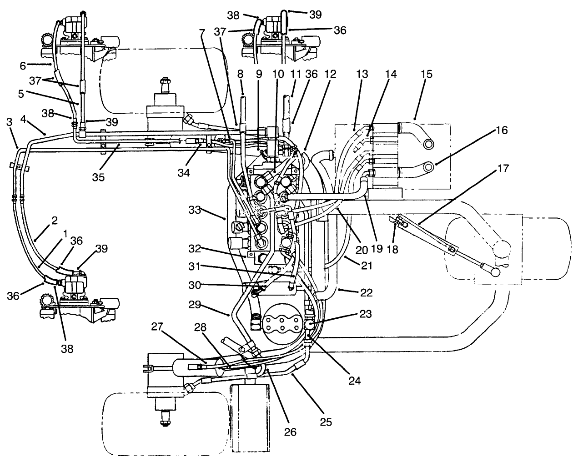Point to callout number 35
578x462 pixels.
coord(99,176)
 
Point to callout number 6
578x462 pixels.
coord(23,66)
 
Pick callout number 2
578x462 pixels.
coord(55,221)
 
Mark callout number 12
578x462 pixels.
coord(330,74)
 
